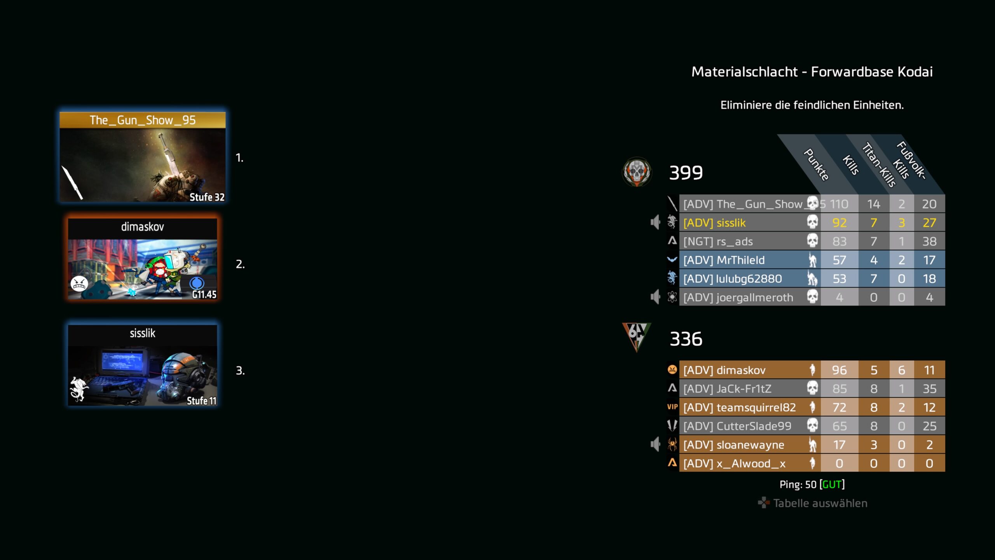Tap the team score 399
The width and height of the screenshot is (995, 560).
pyautogui.click(x=686, y=172)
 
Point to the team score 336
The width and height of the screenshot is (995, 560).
pyautogui.click(x=686, y=339)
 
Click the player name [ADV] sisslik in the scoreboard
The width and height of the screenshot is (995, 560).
pyautogui.click(x=714, y=223)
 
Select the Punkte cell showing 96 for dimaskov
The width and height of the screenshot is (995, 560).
pyautogui.click(x=839, y=370)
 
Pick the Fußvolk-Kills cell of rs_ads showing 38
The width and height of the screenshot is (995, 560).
pyautogui.click(x=929, y=241)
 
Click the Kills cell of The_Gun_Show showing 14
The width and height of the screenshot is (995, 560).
pyautogui.click(x=874, y=204)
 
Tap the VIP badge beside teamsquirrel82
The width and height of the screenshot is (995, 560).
pyautogui.click(x=672, y=407)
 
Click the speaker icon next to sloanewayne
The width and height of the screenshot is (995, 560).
pyautogui.click(x=655, y=444)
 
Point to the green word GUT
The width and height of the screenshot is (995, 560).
pyautogui.click(x=832, y=484)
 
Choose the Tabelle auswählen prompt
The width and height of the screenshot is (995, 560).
pyautogui.click(x=813, y=503)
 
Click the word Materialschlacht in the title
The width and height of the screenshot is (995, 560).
pyautogui.click(x=744, y=72)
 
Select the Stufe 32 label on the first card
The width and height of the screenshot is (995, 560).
pyautogui.click(x=207, y=197)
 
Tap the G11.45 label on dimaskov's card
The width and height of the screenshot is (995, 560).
pyautogui.click(x=204, y=294)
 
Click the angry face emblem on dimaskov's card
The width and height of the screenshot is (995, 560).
pyautogui.click(x=79, y=283)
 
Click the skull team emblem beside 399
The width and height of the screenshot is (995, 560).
pyautogui.click(x=637, y=171)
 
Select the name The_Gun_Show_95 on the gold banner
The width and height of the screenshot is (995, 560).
pyautogui.click(x=143, y=120)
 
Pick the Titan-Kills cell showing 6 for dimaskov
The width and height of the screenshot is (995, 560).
pyautogui.click(x=901, y=370)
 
